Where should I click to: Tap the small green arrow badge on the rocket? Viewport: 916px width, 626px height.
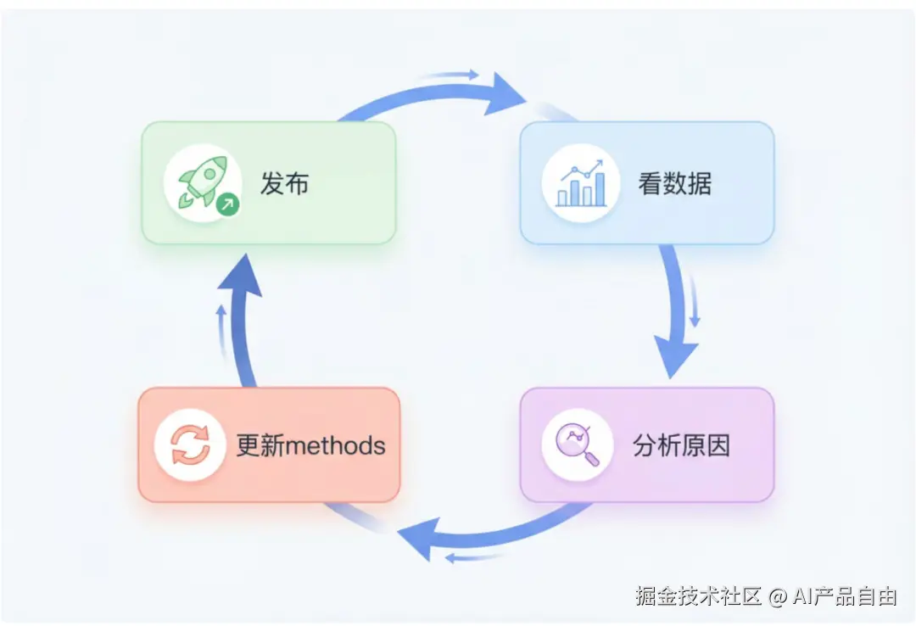226,204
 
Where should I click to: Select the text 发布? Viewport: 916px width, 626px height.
284,183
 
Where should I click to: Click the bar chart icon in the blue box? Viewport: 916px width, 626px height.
581,183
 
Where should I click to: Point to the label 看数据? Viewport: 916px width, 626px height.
675,183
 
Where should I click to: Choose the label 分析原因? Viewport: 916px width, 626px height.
681,445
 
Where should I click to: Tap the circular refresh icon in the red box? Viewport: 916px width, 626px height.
190,445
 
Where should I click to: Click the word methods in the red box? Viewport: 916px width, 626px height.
337,445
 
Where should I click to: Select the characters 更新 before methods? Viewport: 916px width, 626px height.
261,445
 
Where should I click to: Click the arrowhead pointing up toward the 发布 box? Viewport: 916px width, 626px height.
242,276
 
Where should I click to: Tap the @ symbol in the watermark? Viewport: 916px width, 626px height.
778,597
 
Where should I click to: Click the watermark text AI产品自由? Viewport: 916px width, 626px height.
844,596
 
